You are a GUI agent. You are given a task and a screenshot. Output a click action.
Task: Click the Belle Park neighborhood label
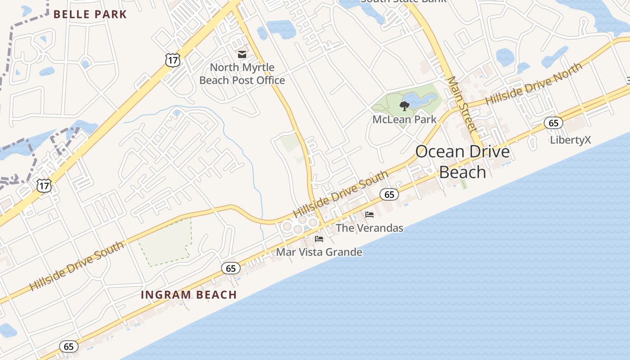point(90,14)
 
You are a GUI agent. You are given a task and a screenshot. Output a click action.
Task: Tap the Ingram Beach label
point(189,295)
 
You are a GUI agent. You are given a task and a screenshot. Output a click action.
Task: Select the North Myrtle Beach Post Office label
point(242,74)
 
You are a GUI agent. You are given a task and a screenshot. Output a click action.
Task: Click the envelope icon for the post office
point(242,54)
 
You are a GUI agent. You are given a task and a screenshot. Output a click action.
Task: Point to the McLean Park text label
point(404,119)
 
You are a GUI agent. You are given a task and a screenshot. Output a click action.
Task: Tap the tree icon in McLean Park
point(404,106)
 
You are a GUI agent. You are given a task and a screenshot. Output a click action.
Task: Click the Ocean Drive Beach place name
point(463,162)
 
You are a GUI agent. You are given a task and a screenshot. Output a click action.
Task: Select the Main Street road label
point(462,104)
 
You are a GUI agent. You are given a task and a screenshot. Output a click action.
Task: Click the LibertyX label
point(570,140)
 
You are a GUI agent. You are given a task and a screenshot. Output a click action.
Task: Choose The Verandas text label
point(369,228)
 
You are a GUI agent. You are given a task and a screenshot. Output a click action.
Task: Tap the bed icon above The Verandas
point(369,214)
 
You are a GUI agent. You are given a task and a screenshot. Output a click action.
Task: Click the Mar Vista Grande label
point(319,252)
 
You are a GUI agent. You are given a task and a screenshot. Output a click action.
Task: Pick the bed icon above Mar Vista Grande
point(319,238)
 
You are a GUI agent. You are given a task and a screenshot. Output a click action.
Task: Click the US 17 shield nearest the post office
point(173,60)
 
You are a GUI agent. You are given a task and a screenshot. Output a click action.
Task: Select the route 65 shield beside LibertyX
point(553,123)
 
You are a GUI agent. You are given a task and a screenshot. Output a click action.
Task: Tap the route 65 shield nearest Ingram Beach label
point(230,269)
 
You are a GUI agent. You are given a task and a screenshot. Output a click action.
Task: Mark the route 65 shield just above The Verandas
point(389,194)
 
